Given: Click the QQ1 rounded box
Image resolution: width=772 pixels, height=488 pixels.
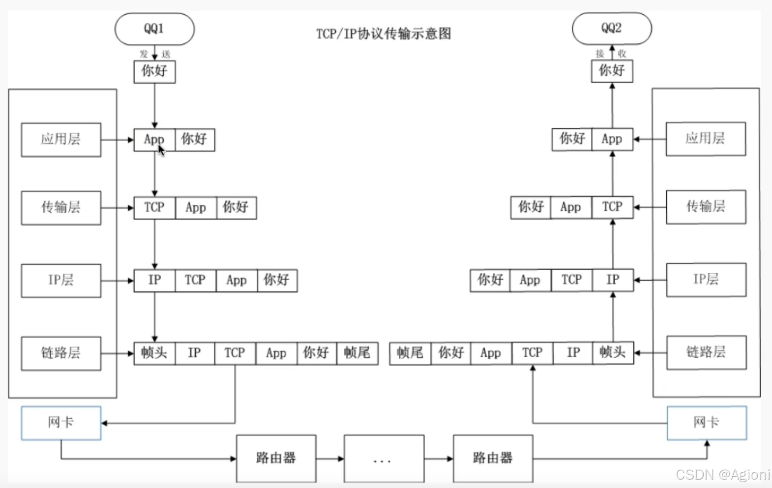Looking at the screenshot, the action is coord(154,29).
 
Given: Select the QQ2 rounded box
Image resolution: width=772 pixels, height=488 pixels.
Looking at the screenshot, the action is coord(612,29).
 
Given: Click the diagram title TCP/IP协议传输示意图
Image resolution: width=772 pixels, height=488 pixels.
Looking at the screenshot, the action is coord(384,34).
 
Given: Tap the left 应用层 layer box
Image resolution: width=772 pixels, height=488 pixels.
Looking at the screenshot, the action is coord(61,140).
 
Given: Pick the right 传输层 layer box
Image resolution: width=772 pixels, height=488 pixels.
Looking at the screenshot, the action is coord(706,207).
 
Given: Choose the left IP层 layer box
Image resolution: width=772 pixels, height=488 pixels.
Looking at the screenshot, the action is coord(61,281).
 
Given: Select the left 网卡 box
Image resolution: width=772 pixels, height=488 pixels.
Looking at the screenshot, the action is coord(61,423).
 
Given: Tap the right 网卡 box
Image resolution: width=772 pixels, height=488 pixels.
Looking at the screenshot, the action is coord(707,423).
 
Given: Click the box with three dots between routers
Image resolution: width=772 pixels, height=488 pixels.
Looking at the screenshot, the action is coord(384,459).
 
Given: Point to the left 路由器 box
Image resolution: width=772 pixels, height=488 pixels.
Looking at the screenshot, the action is coord(276,459).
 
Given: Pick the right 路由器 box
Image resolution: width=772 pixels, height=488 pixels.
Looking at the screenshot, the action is coord(493,459).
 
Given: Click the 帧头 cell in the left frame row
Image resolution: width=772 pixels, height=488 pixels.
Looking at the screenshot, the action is coord(154,353).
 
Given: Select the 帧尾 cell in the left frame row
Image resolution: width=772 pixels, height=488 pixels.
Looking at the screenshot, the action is coord(357,353).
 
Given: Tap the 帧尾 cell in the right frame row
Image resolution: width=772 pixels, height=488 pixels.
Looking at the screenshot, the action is coord(410,353).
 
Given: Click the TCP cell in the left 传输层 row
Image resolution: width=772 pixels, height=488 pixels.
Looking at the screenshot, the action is coord(154,208).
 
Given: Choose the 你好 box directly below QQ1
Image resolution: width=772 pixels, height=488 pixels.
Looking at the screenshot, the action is coord(154,72).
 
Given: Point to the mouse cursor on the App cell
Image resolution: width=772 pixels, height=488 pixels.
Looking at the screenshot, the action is coord(161,150).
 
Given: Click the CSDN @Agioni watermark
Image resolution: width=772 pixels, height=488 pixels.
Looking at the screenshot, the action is coord(723,475).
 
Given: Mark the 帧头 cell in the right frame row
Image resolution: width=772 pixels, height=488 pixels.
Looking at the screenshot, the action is coord(613,353).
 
